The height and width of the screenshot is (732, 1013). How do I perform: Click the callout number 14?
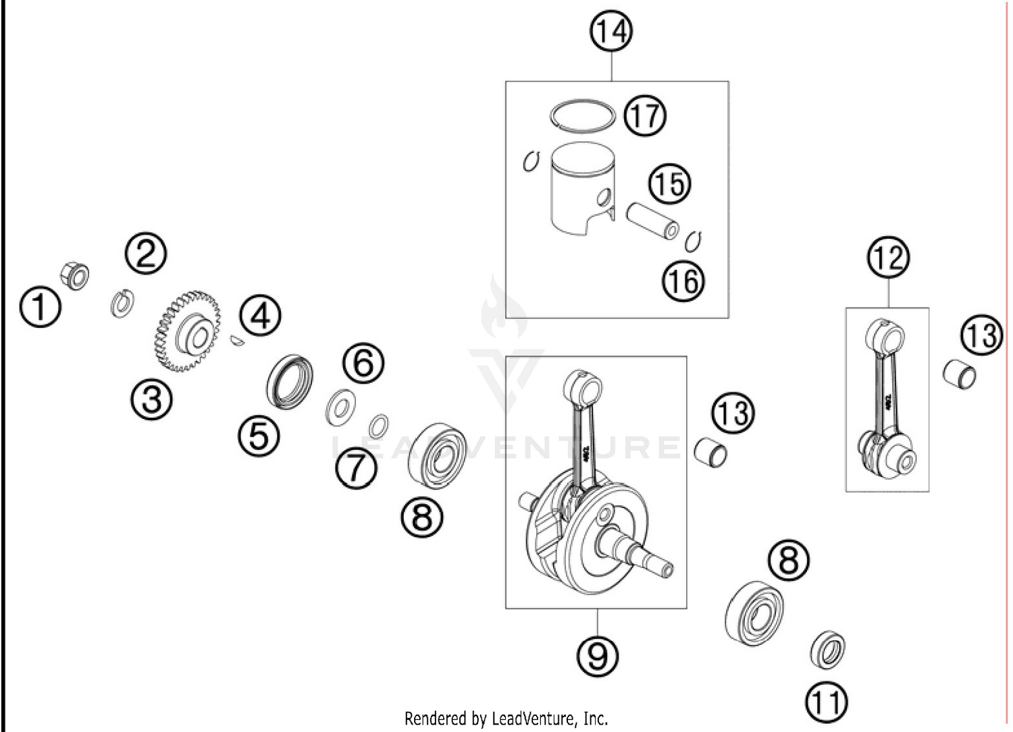pyautogui.click(x=611, y=32)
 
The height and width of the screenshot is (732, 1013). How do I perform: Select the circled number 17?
pyautogui.click(x=644, y=115)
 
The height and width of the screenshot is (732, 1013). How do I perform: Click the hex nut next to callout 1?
pyautogui.click(x=74, y=275)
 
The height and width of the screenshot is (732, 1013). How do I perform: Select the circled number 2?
pyautogui.click(x=145, y=254)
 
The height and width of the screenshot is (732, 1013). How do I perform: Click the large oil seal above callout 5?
pyautogui.click(x=290, y=381)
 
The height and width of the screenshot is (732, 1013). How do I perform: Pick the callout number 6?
pyautogui.click(x=363, y=362)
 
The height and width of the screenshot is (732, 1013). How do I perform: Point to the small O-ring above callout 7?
pyautogui.click(x=378, y=426)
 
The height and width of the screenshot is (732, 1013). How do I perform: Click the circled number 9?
pyautogui.click(x=598, y=654)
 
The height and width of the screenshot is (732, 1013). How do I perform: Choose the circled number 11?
pyautogui.click(x=827, y=702)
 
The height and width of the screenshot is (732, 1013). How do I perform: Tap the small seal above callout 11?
pyautogui.click(x=827, y=650)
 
